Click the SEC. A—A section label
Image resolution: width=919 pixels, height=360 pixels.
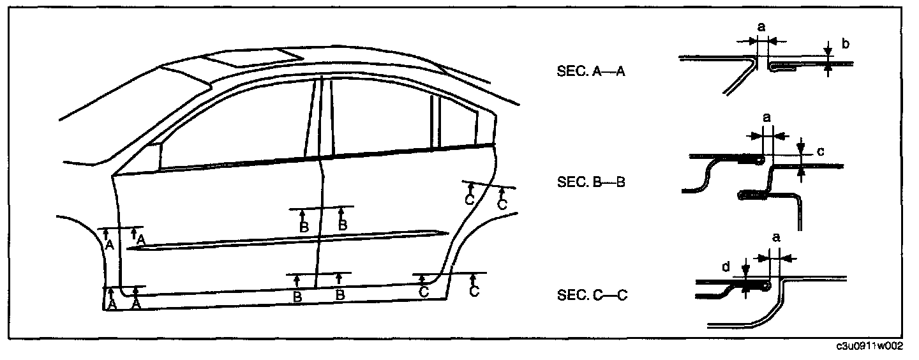coord(590,72)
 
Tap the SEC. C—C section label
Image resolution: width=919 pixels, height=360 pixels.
coord(590,296)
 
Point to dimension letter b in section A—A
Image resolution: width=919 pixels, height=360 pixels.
coord(845,44)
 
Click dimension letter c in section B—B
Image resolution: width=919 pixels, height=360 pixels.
coord(821,152)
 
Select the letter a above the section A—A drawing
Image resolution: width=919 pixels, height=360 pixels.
coord(761,27)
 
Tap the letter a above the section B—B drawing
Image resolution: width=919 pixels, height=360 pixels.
coord(767,118)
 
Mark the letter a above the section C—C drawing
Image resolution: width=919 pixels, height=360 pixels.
coord(776,237)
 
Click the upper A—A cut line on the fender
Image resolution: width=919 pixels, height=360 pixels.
coord(121,227)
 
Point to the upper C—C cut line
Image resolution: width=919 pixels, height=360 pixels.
coord(488,184)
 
